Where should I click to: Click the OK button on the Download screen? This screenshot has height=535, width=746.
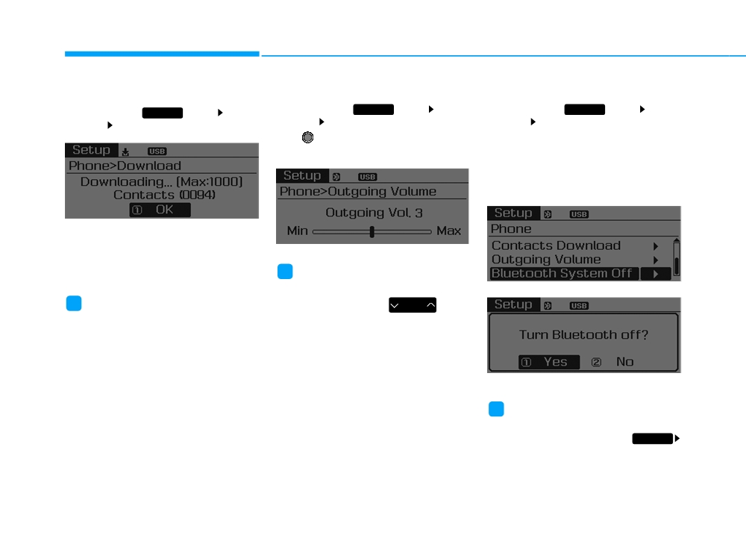[160, 210]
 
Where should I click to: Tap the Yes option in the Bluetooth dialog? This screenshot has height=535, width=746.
[549, 362]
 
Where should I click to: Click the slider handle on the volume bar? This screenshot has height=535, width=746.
[372, 232]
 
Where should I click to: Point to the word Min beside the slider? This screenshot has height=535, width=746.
[298, 231]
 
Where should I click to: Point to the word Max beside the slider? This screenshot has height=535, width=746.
[448, 231]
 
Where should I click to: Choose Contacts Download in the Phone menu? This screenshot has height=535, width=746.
[557, 245]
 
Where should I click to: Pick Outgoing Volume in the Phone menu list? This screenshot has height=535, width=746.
[546, 260]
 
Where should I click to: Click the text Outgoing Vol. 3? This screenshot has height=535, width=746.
[374, 213]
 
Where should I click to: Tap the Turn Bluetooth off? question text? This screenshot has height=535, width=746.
[584, 335]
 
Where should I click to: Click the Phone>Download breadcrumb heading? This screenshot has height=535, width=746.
[125, 166]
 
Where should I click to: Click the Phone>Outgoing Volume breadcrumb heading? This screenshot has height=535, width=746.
[358, 191]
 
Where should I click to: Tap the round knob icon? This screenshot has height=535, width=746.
[308, 137]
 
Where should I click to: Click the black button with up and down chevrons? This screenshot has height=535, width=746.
[413, 305]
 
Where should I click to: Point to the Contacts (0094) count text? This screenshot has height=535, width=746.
[164, 195]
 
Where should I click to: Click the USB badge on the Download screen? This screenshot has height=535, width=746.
[157, 151]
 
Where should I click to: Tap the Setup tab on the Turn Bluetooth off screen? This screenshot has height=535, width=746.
[513, 304]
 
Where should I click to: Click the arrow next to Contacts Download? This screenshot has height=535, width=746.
[656, 246]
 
